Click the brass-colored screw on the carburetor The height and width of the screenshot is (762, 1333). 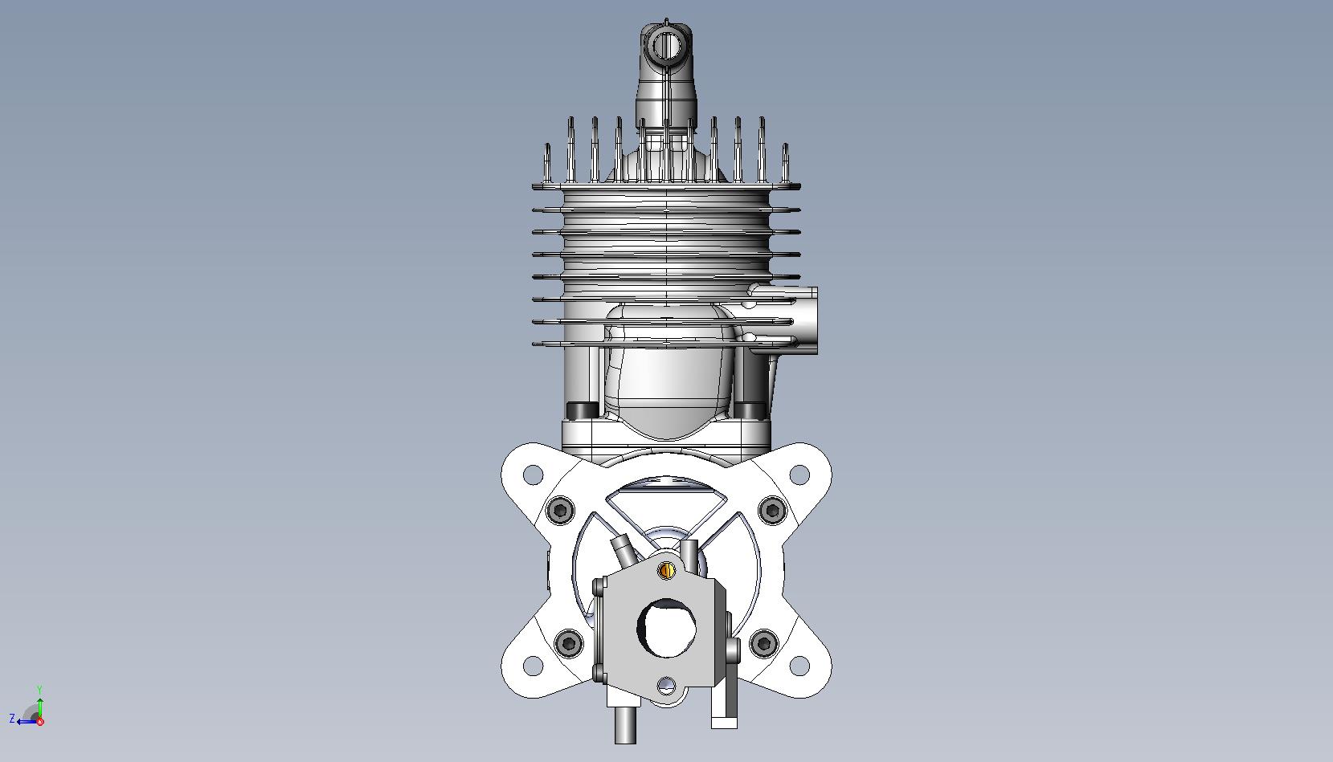pyautogui.click(x=668, y=570)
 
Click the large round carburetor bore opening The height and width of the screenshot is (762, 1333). pyautogui.click(x=667, y=628)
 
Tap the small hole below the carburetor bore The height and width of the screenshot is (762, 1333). pyautogui.click(x=667, y=685)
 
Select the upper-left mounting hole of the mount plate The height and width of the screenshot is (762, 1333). pyautogui.click(x=533, y=475)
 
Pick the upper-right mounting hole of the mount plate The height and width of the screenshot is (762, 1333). pyautogui.click(x=799, y=475)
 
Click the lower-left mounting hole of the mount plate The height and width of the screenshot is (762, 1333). pyautogui.click(x=533, y=666)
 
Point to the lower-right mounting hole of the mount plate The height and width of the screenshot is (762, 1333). pyautogui.click(x=799, y=666)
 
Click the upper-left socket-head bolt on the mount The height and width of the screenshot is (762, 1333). pyautogui.click(x=560, y=510)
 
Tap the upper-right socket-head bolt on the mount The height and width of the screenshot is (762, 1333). pyautogui.click(x=772, y=510)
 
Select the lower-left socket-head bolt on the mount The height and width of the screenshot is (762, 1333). pyautogui.click(x=568, y=642)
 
